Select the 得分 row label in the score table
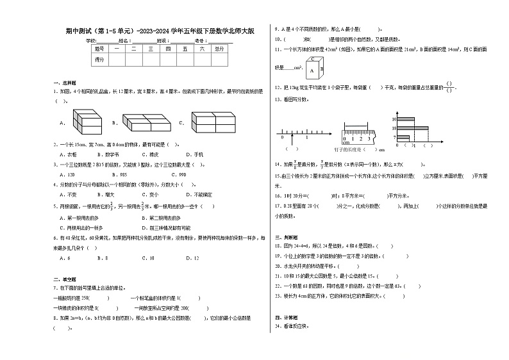[99, 59]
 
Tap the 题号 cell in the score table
[99, 49]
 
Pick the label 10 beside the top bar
[395, 119]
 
